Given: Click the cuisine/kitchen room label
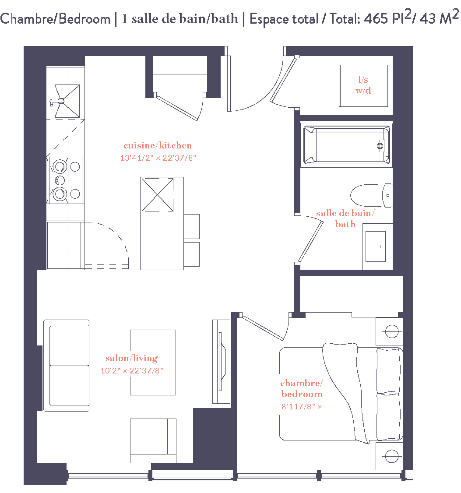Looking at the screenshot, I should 158,145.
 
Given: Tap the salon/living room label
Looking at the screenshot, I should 131,358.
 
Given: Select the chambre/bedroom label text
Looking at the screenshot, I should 302,389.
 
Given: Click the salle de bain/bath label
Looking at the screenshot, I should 345,218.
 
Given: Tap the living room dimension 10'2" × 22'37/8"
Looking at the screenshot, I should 132,371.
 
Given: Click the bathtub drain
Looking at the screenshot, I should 380,145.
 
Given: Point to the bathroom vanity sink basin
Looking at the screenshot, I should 376,246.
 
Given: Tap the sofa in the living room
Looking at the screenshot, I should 66,366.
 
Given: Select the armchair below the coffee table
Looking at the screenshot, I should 153,440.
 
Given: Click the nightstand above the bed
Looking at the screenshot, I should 389,331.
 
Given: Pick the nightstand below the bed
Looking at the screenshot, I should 389,456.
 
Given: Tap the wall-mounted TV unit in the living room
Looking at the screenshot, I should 221,361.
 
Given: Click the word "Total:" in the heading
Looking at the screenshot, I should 344,19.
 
